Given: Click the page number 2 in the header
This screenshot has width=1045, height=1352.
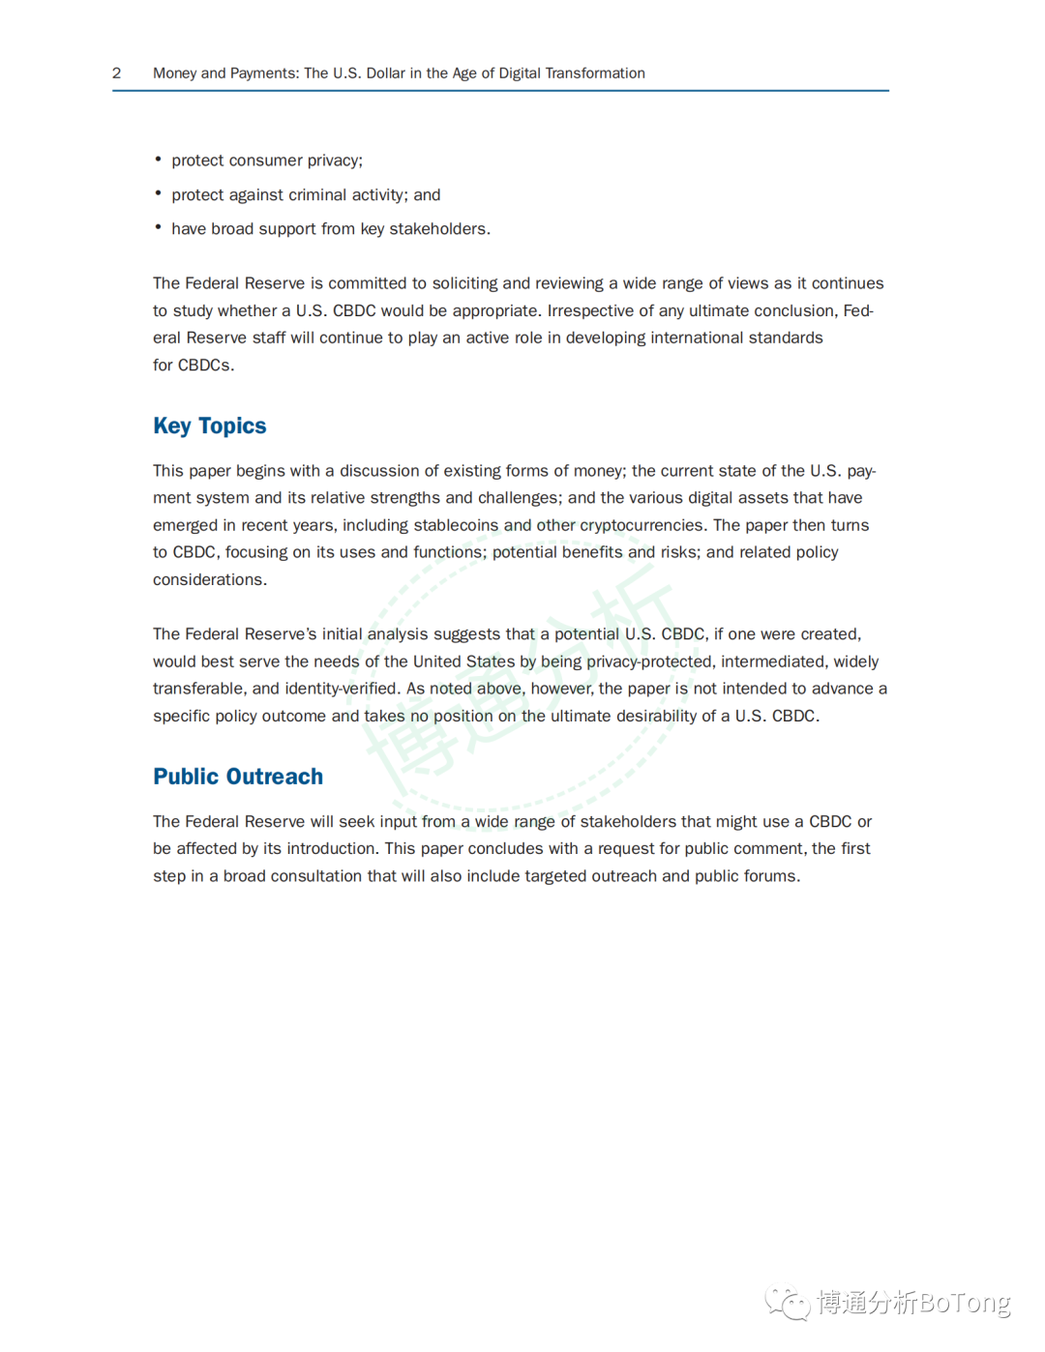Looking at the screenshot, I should point(117,73).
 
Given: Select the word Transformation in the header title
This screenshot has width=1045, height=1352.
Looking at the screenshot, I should point(595,73).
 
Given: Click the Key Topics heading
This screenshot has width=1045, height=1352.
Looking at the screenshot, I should point(209,426).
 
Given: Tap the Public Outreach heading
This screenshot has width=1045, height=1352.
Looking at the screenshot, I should point(238,777).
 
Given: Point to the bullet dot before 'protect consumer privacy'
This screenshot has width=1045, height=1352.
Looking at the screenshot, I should point(158,159).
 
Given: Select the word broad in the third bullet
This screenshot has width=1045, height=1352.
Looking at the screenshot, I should point(232,229).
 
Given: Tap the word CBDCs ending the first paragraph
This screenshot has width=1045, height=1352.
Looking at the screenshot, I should point(204,366).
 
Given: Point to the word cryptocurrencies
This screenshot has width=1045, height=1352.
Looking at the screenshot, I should point(642,525).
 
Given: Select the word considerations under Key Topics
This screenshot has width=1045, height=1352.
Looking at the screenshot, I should point(208,580).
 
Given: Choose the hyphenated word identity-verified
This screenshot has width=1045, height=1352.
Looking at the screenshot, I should point(342,689).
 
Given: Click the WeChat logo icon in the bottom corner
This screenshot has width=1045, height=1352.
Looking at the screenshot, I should point(788,1302).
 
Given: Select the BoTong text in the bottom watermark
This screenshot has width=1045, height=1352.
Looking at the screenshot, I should point(964,1303).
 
